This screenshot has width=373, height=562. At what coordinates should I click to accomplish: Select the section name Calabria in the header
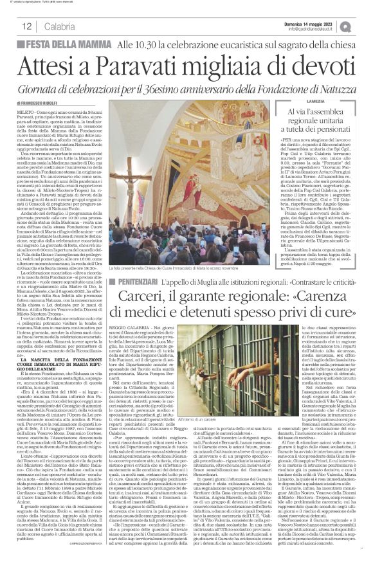60,26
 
